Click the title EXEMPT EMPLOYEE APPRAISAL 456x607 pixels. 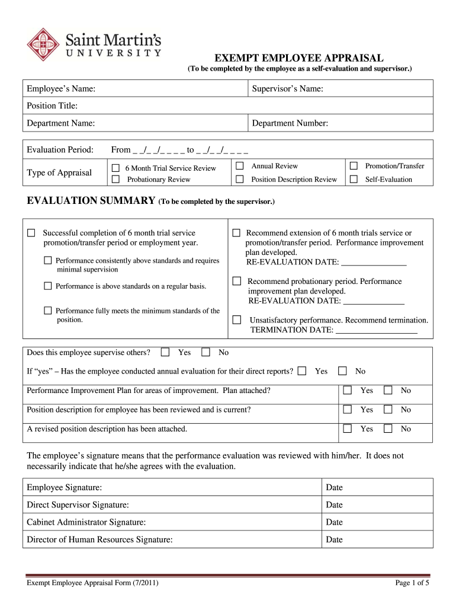(x=298, y=57)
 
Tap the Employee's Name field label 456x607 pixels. (x=62, y=89)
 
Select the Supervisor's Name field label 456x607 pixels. (x=287, y=89)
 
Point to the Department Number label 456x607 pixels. (x=290, y=123)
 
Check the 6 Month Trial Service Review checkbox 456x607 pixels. (x=116, y=168)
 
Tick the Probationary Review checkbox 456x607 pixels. (x=116, y=179)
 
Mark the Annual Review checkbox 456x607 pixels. (x=240, y=166)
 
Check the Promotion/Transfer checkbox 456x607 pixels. (x=354, y=166)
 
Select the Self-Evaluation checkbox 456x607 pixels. (x=354, y=179)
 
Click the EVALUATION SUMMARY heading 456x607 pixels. (x=91, y=201)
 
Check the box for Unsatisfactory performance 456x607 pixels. (x=237, y=320)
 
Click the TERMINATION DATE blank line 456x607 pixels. (x=376, y=330)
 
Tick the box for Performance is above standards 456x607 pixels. (x=48, y=286)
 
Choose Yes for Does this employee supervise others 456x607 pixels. (x=165, y=352)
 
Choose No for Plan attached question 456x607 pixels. (x=388, y=390)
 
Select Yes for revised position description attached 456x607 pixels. (x=348, y=428)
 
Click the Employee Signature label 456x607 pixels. (x=65, y=487)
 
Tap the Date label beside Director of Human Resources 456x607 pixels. (x=334, y=539)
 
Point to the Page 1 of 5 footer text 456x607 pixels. (x=412, y=583)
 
